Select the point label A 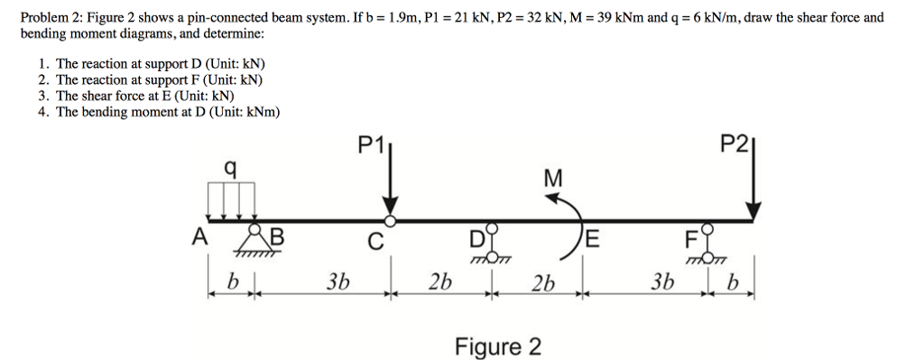(x=199, y=237)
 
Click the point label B (x=276, y=237)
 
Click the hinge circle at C (x=390, y=220)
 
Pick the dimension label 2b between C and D (x=439, y=282)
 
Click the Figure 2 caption (x=498, y=346)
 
